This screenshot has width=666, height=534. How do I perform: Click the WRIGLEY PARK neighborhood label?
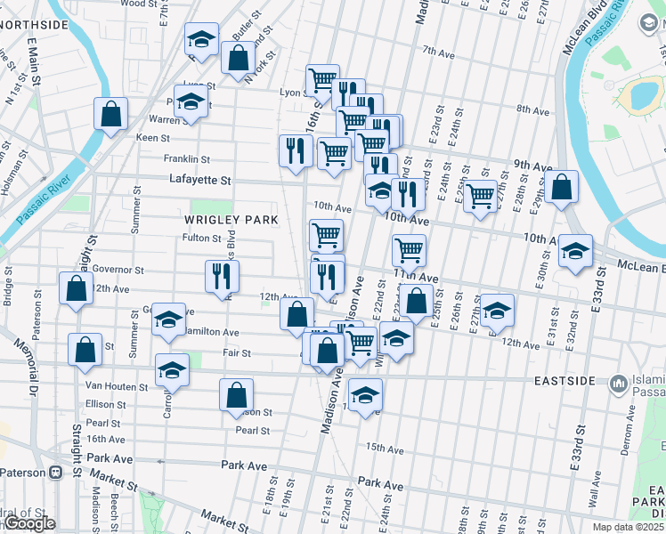pyautogui.click(x=231, y=219)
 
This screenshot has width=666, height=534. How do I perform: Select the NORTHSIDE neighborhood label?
pyautogui.click(x=34, y=25)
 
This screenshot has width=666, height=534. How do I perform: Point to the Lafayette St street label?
pyautogui.click(x=200, y=180)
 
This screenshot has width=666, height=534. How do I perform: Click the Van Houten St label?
pyautogui.click(x=116, y=386)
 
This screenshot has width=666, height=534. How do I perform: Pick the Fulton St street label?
pyautogui.click(x=201, y=238)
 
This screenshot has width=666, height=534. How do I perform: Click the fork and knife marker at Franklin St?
pyautogui.click(x=295, y=150)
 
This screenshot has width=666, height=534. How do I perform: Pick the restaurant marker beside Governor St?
pyautogui.click(x=222, y=276)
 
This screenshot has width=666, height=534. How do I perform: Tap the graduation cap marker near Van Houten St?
pyautogui.click(x=172, y=369)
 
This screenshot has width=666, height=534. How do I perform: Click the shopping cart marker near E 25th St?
pyautogui.click(x=481, y=195)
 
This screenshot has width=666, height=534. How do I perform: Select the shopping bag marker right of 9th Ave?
pyautogui.click(x=562, y=188)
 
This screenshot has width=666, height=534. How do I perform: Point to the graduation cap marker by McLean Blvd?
pyautogui.click(x=575, y=251)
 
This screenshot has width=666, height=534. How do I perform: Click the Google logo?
pyautogui.click(x=29, y=524)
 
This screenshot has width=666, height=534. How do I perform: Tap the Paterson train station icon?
pyautogui.click(x=56, y=472)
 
